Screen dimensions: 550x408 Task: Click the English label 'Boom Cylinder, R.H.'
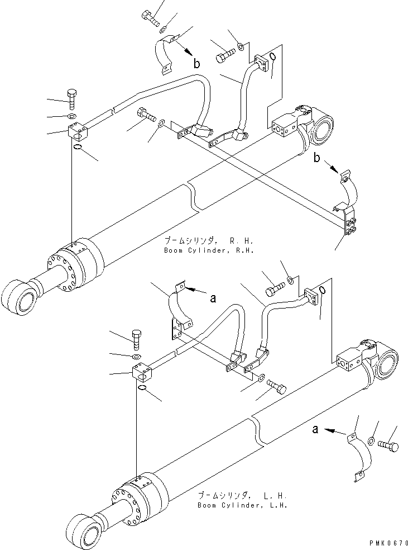click(209, 250)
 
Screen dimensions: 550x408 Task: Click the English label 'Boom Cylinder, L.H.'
click(242, 505)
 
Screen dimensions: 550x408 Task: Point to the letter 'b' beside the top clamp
click(196, 64)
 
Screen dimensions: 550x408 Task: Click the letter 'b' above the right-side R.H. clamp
click(317, 159)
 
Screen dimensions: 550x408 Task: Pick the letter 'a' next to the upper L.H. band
click(213, 298)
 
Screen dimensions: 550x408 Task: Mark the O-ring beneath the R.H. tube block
click(79, 148)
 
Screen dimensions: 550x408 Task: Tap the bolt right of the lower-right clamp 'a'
click(388, 446)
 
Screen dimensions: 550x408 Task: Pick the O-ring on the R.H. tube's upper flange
click(271, 58)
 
